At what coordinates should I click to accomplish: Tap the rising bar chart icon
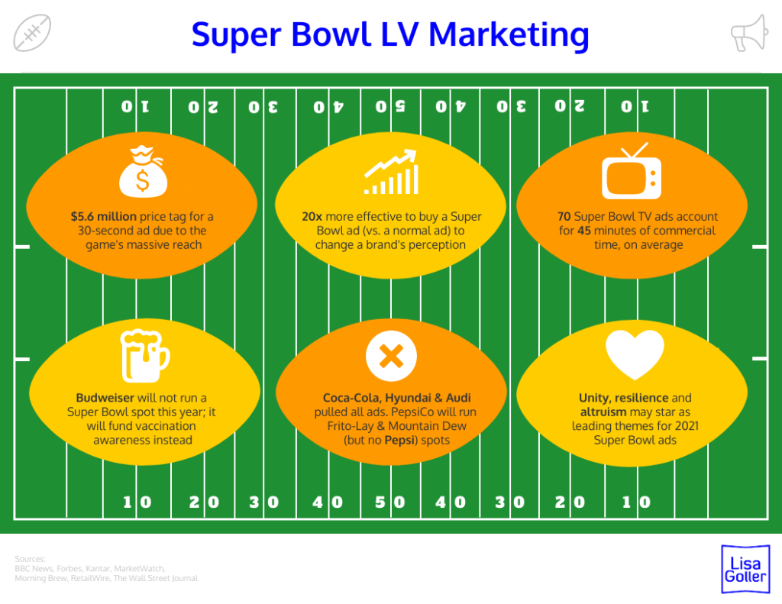(391, 172)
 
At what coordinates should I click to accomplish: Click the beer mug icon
(144, 355)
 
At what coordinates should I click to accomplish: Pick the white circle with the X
(391, 357)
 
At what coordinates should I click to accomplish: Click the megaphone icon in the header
(748, 33)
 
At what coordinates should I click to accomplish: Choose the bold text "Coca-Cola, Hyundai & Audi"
(396, 398)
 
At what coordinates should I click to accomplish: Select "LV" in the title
(395, 34)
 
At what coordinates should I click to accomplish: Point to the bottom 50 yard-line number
(390, 502)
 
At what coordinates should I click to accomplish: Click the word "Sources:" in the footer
(31, 559)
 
